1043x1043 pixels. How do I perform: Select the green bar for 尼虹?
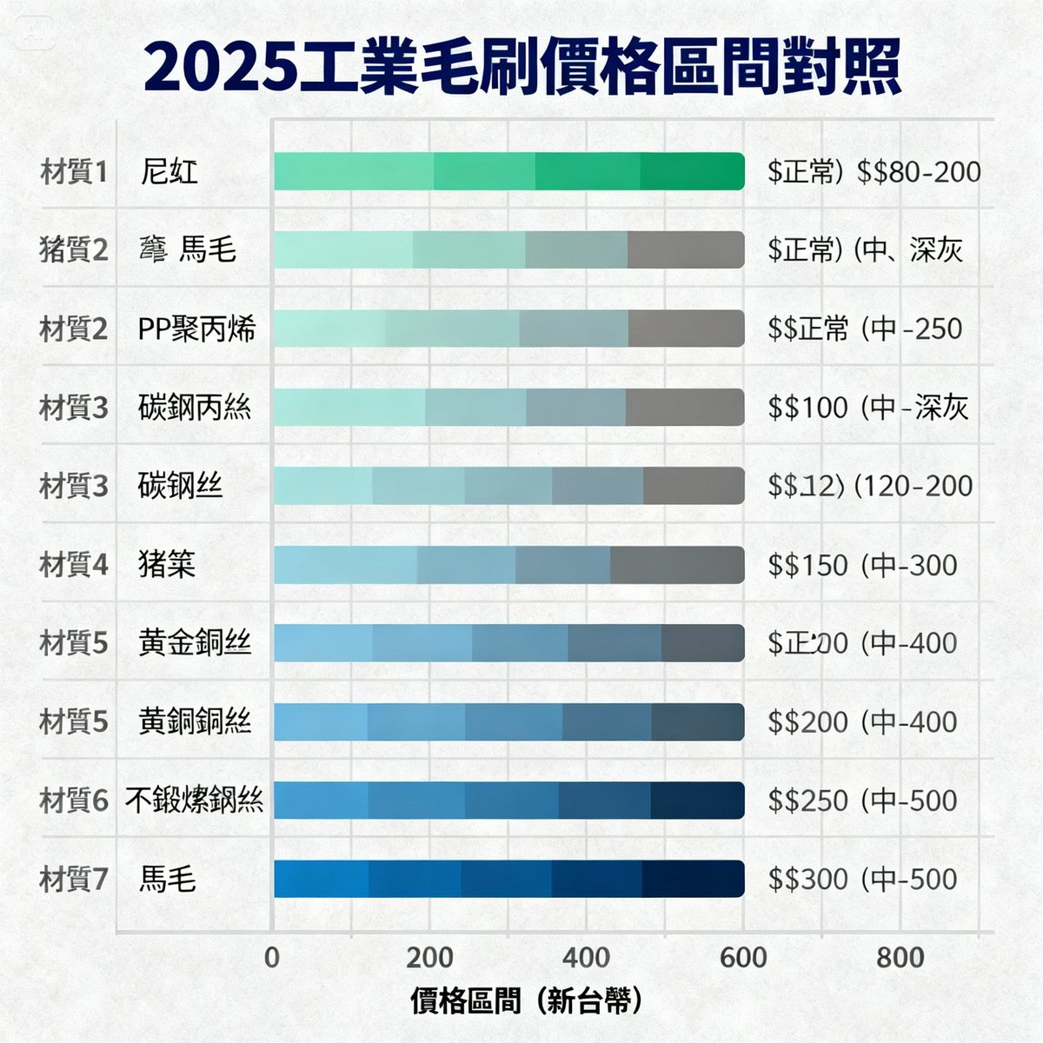click(x=508, y=170)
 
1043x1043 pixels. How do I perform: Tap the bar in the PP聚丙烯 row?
click(x=508, y=329)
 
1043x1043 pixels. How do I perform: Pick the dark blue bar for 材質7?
click(x=508, y=879)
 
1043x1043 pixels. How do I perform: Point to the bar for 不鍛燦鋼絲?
click(x=508, y=800)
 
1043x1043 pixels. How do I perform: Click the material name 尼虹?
click(x=169, y=171)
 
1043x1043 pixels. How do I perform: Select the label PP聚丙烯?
click(x=196, y=329)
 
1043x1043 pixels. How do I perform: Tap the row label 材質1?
click(x=74, y=172)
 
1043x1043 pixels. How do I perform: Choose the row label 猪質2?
click(x=74, y=250)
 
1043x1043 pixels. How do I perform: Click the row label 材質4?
click(x=74, y=565)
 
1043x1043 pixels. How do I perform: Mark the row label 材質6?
click(x=74, y=801)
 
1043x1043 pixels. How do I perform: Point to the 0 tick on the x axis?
click(x=272, y=958)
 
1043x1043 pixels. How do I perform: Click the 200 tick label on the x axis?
click(x=429, y=958)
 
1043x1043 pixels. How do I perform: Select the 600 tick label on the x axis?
click(x=743, y=958)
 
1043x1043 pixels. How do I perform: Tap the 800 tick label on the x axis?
click(x=900, y=958)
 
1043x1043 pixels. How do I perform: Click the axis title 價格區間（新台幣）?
click(x=527, y=1001)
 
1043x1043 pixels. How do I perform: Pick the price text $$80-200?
click(x=919, y=171)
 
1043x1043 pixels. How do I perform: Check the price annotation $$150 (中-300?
click(x=862, y=565)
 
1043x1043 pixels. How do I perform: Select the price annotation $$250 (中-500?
click(x=862, y=801)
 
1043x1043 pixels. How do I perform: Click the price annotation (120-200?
click(x=913, y=486)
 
